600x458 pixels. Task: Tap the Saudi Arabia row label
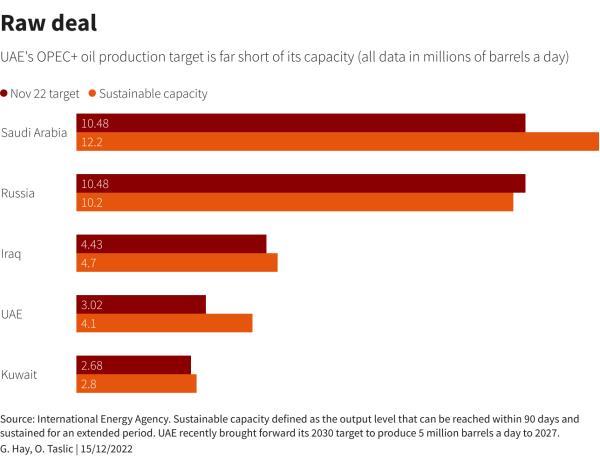pyautogui.click(x=34, y=133)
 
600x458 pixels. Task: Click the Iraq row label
pyautogui.click(x=11, y=254)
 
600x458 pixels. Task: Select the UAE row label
pyautogui.click(x=12, y=314)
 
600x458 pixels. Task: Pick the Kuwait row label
pyautogui.click(x=19, y=375)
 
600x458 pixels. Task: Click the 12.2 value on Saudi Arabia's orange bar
pyautogui.click(x=92, y=143)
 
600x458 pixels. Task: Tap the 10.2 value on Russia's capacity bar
pyautogui.click(x=92, y=203)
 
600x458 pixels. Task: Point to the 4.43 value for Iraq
pyautogui.click(x=92, y=244)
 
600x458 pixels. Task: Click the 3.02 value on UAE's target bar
pyautogui.click(x=92, y=305)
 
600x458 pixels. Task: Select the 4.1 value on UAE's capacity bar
pyautogui.click(x=89, y=324)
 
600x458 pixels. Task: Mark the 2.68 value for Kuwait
pyautogui.click(x=92, y=365)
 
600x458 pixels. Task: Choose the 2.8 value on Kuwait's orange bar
pyautogui.click(x=89, y=384)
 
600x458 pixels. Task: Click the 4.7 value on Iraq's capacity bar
pyautogui.click(x=89, y=263)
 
